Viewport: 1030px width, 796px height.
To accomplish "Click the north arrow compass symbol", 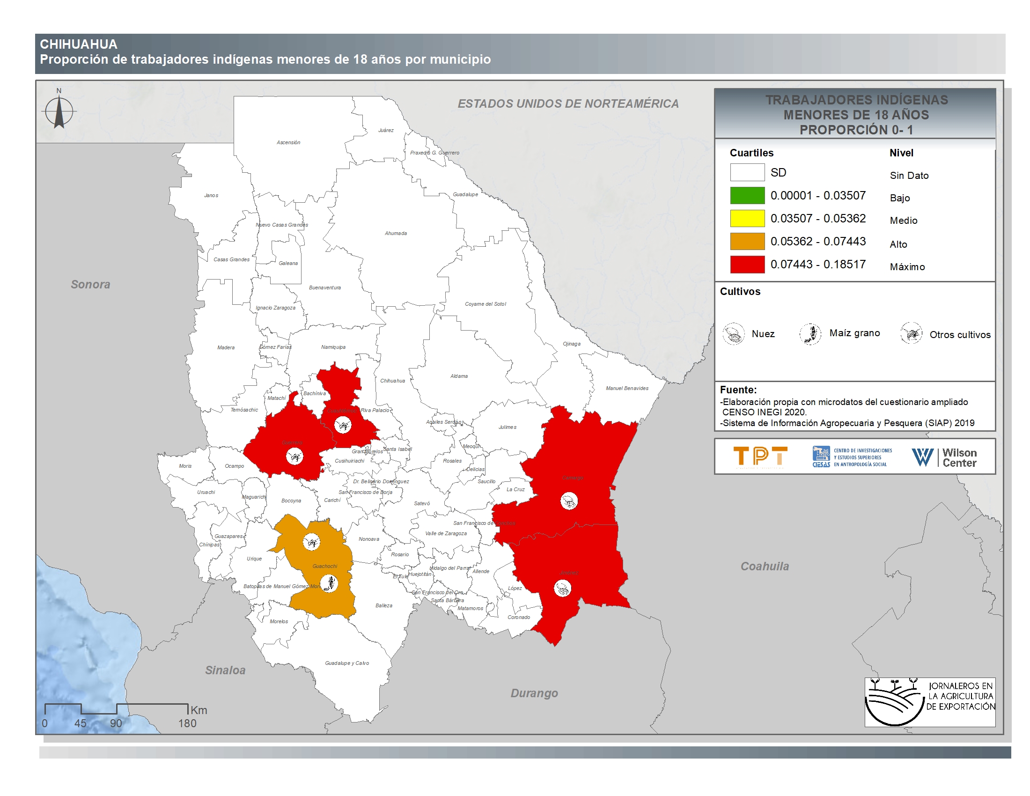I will pos(59,112).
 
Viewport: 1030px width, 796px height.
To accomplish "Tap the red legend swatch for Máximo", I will pos(747,264).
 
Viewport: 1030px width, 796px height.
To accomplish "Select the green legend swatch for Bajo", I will pos(747,195).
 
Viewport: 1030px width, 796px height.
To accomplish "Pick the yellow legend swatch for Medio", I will pos(747,218).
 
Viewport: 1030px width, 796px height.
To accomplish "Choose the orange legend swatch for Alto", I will pos(747,241).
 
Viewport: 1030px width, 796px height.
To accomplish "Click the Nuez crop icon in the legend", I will pos(733,333).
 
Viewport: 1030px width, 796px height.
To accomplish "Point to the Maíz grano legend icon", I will pos(810,333).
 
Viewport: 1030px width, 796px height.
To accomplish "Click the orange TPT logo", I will pos(760,457).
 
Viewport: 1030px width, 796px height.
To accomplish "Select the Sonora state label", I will pos(90,284).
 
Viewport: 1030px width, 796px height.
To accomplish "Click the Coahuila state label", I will pos(765,566).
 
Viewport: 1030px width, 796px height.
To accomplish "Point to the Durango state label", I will pos(534,693).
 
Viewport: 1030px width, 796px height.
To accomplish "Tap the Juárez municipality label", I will pos(386,130).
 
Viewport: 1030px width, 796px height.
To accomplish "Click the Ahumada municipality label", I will pos(396,234).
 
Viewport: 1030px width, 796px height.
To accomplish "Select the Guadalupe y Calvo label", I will pos(346,663).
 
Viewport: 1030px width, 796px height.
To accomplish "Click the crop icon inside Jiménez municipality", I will pos(562,588).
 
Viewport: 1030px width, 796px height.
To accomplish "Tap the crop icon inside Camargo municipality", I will pos(569,501).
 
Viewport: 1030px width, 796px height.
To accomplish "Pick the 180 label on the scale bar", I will pos(187,723).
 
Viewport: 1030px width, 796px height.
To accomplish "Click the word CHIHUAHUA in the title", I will pos(79,44).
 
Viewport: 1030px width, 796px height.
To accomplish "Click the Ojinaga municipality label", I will pos(572,344).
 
